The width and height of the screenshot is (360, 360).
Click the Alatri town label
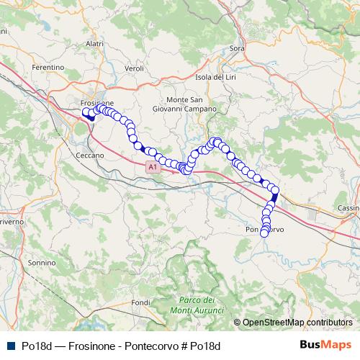click(94, 44)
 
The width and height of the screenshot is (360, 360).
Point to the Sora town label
click(237, 48)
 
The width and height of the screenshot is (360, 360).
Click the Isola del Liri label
click(215, 77)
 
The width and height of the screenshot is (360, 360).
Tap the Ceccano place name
click(89, 155)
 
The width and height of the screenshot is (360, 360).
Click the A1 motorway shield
click(151, 167)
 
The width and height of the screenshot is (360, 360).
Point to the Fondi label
click(142, 302)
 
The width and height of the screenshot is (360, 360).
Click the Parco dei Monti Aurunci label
click(195, 304)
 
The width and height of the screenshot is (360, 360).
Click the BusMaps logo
click(325, 346)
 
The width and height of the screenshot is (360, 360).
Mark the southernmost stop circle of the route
click(264, 233)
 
